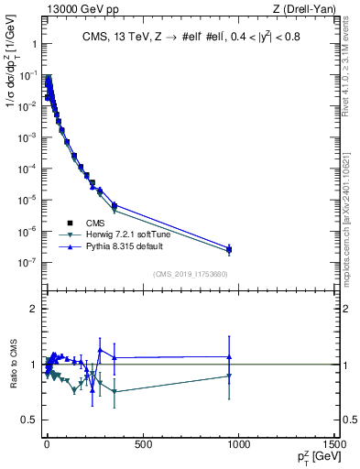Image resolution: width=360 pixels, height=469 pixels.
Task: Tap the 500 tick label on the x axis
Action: click(x=142, y=444)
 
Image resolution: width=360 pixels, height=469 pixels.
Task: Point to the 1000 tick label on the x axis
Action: click(x=238, y=444)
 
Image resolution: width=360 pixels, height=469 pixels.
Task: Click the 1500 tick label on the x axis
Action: click(x=334, y=444)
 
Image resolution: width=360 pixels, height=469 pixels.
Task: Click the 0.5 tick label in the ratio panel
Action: click(x=27, y=420)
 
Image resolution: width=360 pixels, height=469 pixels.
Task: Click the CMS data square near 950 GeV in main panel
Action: click(x=229, y=249)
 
